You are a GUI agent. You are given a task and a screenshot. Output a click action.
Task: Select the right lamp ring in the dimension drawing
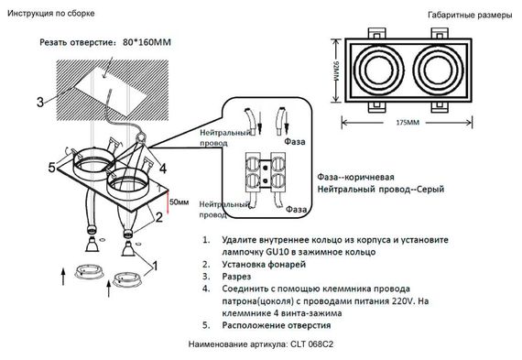point(443,70)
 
